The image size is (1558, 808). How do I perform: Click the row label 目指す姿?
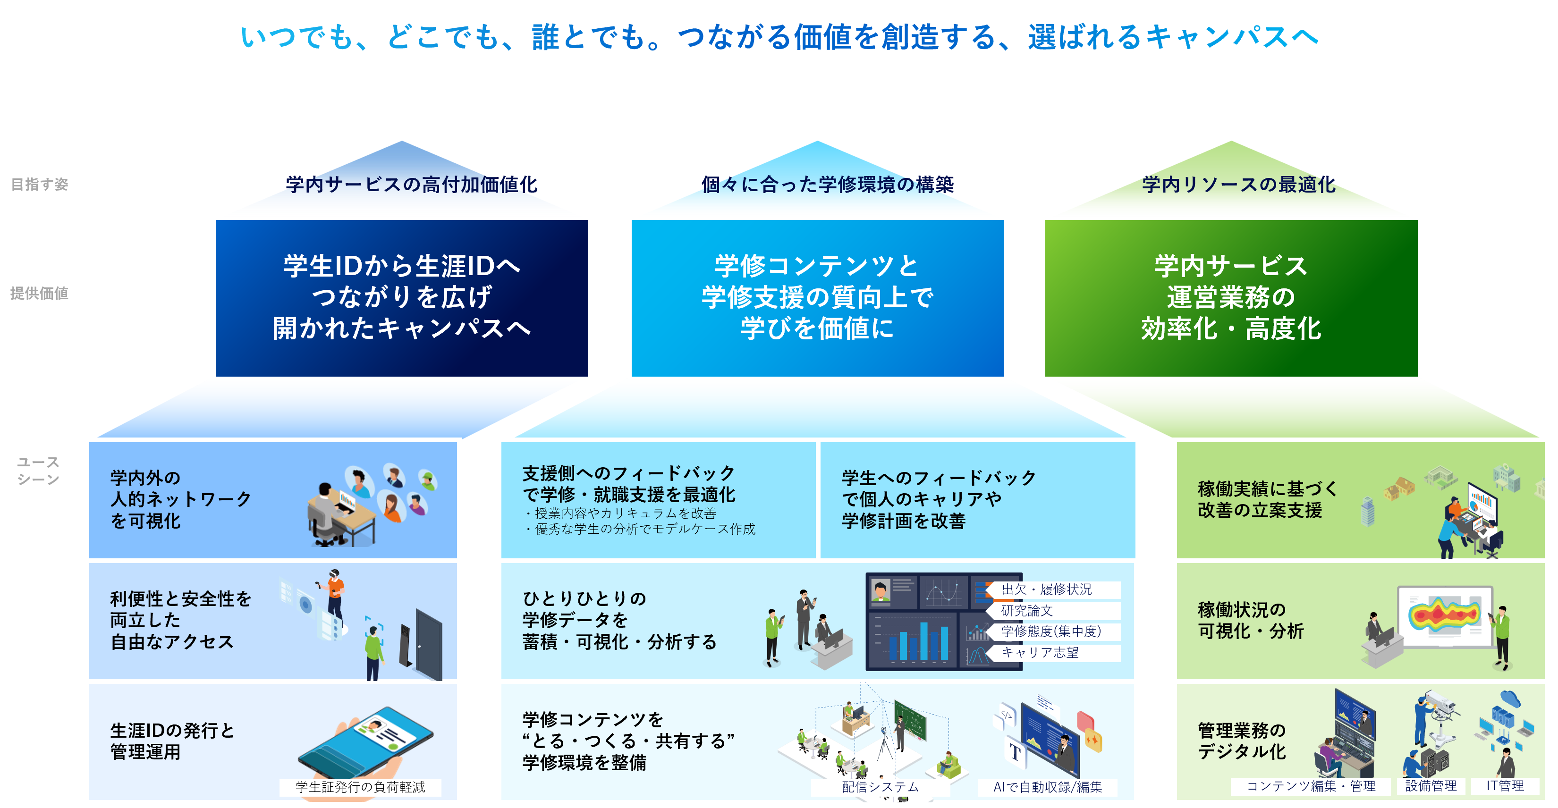pyautogui.click(x=39, y=185)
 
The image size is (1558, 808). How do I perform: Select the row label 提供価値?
pyautogui.click(x=39, y=293)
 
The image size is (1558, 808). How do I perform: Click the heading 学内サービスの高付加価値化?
pyautogui.click(x=411, y=185)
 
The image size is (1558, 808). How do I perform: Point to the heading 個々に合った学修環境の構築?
pyautogui.click(x=827, y=185)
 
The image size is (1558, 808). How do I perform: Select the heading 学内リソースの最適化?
pyautogui.click(x=1239, y=185)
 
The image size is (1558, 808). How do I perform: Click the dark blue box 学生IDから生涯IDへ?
pyautogui.click(x=402, y=297)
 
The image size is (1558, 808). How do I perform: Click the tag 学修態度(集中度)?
pyautogui.click(x=1051, y=631)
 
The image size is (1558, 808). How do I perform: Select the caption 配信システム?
pyautogui.click(x=880, y=787)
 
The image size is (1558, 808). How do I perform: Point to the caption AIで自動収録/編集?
pyautogui.click(x=1048, y=787)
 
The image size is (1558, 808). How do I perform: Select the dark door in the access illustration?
pyautogui.click(x=428, y=644)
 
